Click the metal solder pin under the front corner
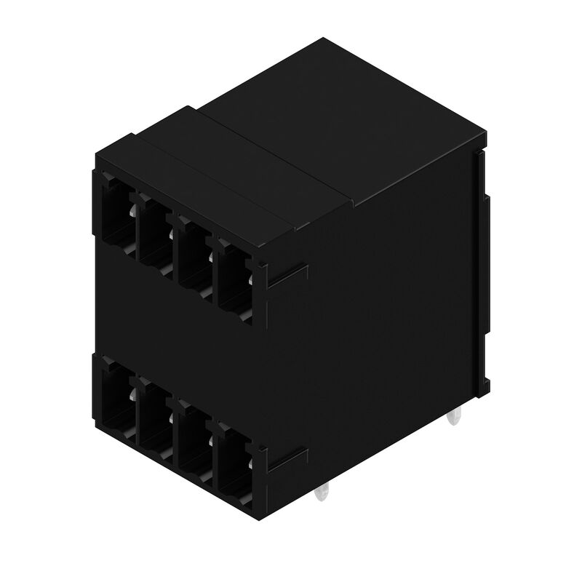click(x=322, y=495)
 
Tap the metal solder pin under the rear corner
click(x=454, y=418)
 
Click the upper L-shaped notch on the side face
click(x=288, y=276)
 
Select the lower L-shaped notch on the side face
click(x=288, y=460)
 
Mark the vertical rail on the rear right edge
click(x=482, y=269)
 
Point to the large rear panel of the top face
click(x=342, y=116)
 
